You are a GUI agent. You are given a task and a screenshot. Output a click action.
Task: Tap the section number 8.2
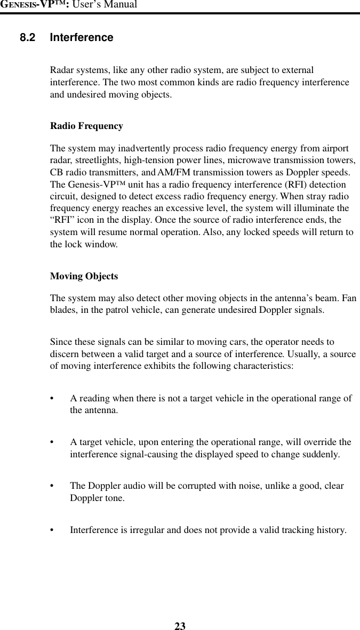coord(29,38)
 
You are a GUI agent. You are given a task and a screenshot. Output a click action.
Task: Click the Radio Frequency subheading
coord(86,126)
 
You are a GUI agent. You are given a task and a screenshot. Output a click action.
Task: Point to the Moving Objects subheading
coord(84,277)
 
